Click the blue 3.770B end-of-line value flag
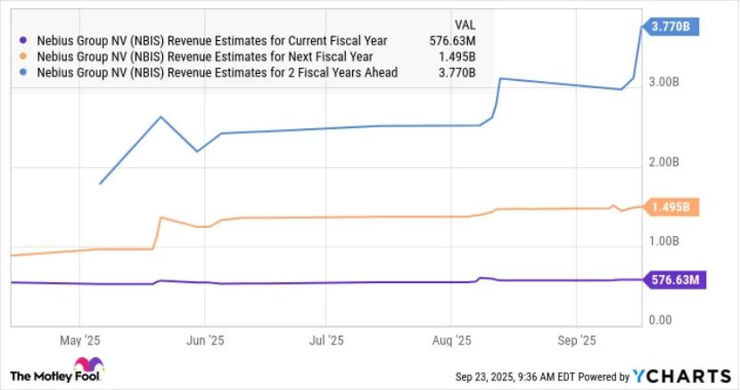point(671,27)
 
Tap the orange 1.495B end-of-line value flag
point(671,207)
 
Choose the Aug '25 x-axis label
point(452,340)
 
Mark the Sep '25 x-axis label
point(576,340)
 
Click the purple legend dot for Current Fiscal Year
point(24,40)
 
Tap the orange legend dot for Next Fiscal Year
point(24,56)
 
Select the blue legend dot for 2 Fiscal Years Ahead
point(24,72)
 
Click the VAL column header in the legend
point(463,25)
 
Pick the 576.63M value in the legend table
point(451,40)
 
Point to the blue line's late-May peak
point(160,117)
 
